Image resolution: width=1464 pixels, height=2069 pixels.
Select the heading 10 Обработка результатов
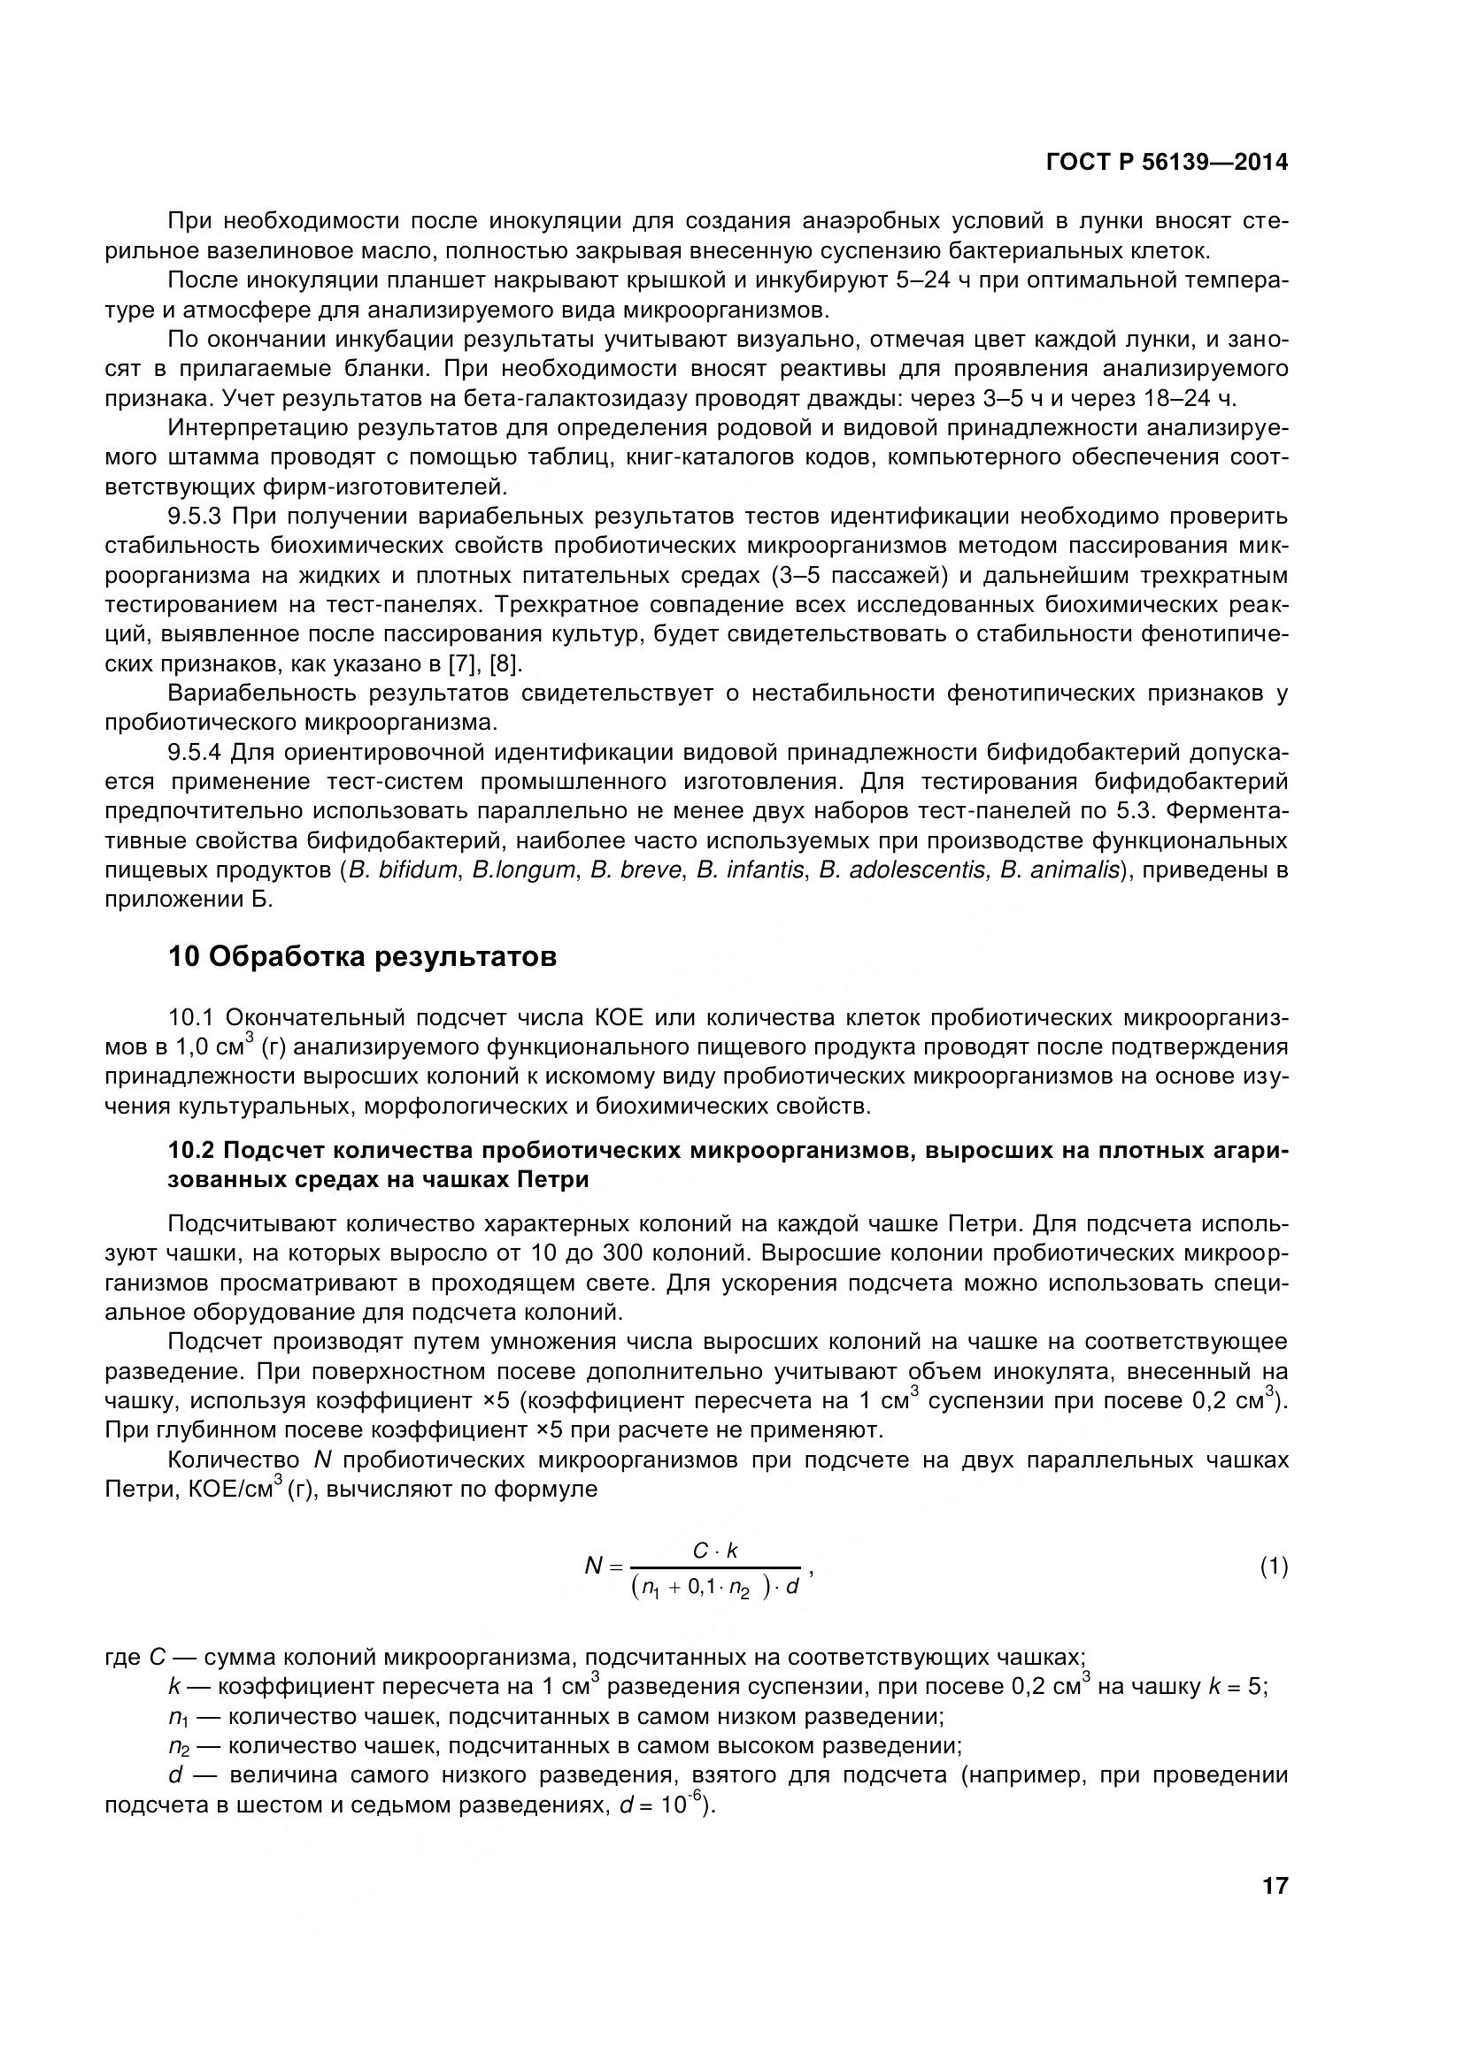click(x=362, y=956)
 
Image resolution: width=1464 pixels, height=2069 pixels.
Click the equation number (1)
click(x=1273, y=1567)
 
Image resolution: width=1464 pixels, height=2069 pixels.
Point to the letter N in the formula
click(x=593, y=1567)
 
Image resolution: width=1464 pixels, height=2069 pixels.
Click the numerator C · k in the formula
click(x=715, y=1550)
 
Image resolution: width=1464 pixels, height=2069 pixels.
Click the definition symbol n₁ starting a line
click(x=177, y=1717)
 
